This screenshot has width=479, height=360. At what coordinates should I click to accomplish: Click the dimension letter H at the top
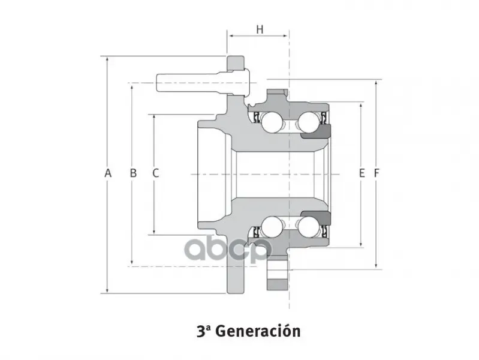pos(260,29)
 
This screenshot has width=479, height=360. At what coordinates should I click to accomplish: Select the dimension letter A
pos(108,173)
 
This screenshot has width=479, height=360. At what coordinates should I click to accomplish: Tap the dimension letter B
pos(133,173)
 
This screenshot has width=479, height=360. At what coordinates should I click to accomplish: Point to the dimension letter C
pos(155,173)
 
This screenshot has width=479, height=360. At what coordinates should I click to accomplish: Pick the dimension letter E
pos(361,173)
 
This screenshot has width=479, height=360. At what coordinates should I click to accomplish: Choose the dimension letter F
pos(376,173)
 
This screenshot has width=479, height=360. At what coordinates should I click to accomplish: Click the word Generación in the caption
pos(258,331)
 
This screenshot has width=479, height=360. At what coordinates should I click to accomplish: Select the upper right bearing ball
pos(309,122)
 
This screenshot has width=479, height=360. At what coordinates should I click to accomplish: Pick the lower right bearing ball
pos(309,227)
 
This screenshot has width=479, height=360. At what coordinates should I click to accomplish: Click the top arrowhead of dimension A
pos(107,60)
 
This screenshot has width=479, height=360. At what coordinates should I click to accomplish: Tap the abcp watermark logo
pos(228,249)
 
